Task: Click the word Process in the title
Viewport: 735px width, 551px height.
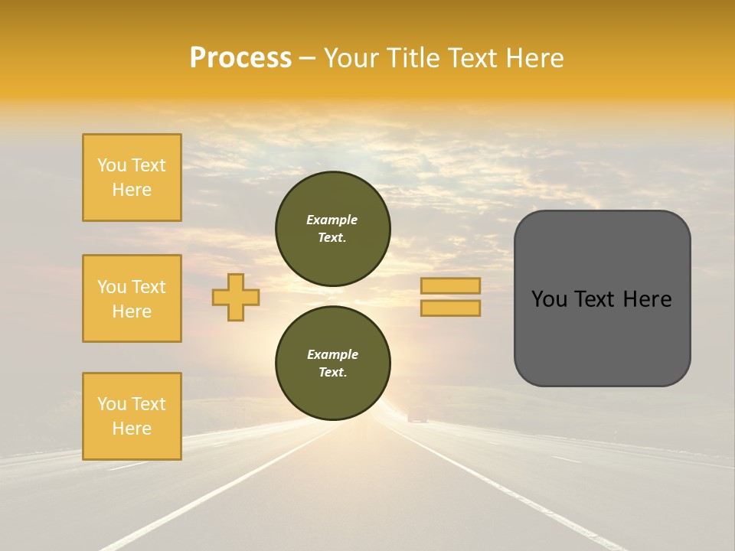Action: pyautogui.click(x=240, y=58)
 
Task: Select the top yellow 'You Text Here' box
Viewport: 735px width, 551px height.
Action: pyautogui.click(x=132, y=178)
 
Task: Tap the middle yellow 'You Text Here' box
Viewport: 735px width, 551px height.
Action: pyautogui.click(x=132, y=298)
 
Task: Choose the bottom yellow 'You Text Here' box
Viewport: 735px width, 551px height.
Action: pyautogui.click(x=132, y=416)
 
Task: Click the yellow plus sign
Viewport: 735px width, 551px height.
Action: pyautogui.click(x=236, y=297)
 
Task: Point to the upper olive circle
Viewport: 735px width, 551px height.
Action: pyautogui.click(x=332, y=228)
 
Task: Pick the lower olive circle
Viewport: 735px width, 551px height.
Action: pyautogui.click(x=332, y=363)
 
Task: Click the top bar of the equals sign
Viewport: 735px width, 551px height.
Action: pyautogui.click(x=451, y=286)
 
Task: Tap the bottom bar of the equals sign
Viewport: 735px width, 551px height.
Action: pyautogui.click(x=451, y=308)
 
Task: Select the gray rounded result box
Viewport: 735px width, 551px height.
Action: pyautogui.click(x=602, y=298)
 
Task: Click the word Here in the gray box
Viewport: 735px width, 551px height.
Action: pyautogui.click(x=647, y=299)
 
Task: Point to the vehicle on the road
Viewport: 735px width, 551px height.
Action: pyautogui.click(x=417, y=416)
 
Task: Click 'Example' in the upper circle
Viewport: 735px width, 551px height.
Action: pyautogui.click(x=332, y=220)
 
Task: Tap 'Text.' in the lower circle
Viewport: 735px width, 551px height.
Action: pyautogui.click(x=332, y=373)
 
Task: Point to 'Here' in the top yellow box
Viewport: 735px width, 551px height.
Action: pyautogui.click(x=132, y=190)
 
